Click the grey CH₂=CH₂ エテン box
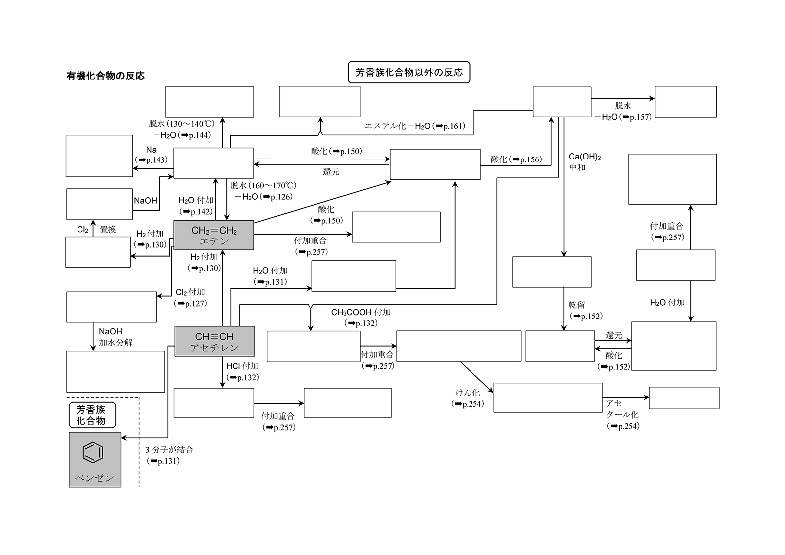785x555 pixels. tap(214, 235)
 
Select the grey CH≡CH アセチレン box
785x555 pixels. tap(215, 341)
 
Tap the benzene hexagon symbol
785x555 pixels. tap(93, 452)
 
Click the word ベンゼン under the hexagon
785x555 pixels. tap(94, 478)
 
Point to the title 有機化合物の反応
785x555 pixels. tap(105, 76)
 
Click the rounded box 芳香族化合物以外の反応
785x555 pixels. tap(408, 73)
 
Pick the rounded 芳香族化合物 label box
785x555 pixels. tap(92, 415)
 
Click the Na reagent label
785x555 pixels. tap(151, 150)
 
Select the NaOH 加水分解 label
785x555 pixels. tap(115, 337)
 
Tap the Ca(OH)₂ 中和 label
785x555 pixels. tap(584, 162)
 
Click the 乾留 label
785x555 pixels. tap(577, 305)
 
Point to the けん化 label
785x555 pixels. tap(468, 393)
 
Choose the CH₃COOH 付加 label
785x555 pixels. tap(361, 312)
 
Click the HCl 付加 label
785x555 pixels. tap(242, 366)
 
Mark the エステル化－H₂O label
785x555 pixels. tap(397, 126)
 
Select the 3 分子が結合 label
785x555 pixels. tap(169, 450)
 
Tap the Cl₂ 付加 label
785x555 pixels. tap(190, 292)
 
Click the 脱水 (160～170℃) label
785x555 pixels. tap(263, 185)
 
